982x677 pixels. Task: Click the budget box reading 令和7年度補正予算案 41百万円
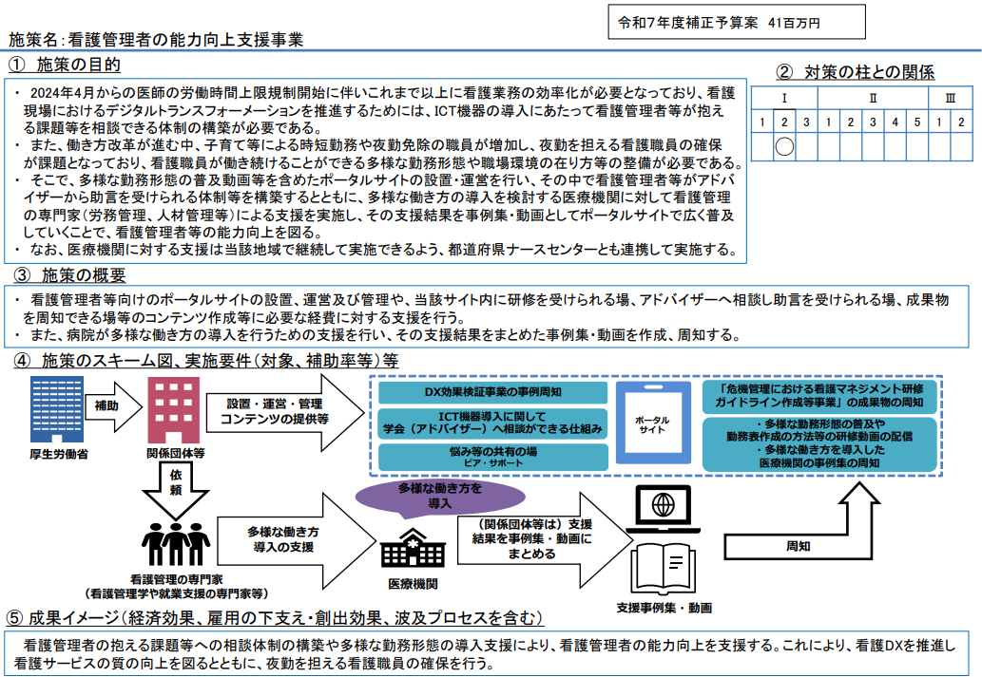pos(737,22)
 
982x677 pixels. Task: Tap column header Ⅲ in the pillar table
pos(950,98)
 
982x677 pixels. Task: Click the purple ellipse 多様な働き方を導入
pos(425,496)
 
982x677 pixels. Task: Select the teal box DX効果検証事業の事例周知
pos(491,391)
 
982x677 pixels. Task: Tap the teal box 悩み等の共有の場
pos(491,457)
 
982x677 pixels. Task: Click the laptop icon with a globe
pos(664,508)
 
